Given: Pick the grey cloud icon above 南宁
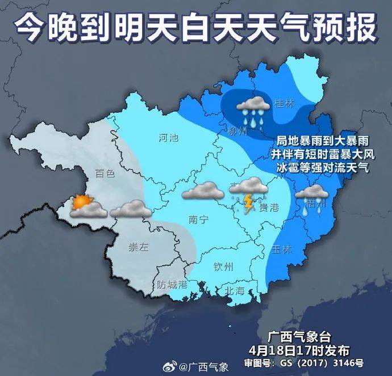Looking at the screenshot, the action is (203, 191).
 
